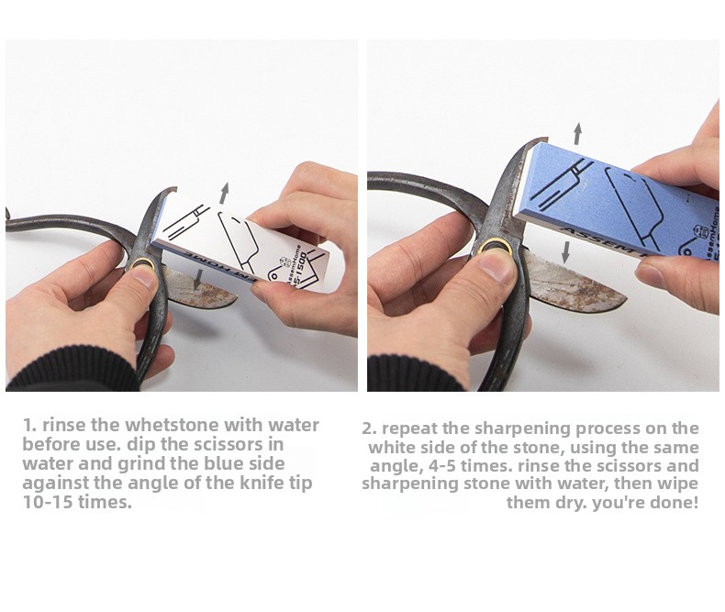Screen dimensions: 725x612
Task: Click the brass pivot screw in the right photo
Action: pos(494,248)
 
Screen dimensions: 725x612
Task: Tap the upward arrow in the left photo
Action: pos(224,194)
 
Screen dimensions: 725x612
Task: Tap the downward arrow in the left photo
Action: pos(198,280)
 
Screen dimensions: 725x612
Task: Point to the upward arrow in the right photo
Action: pos(577,134)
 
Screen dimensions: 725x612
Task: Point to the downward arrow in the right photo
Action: pos(565,252)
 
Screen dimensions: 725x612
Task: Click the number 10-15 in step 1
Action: pos(48,502)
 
